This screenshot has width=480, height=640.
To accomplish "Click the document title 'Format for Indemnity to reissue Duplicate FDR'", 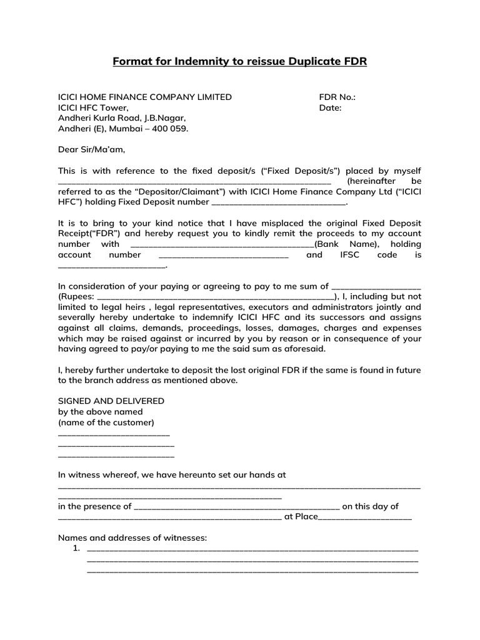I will pyautogui.click(x=239, y=61).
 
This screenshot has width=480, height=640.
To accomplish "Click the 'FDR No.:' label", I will pyautogui.click(x=337, y=97).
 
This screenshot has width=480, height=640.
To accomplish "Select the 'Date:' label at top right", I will pyautogui.click(x=330, y=107).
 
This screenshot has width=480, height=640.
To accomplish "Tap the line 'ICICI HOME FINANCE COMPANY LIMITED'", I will pyautogui.click(x=144, y=97).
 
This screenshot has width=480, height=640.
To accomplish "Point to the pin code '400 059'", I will pyautogui.click(x=172, y=128).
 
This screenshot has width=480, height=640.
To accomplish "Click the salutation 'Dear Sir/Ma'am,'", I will pyautogui.click(x=91, y=149).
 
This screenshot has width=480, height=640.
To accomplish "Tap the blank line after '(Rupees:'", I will pyautogui.click(x=216, y=297).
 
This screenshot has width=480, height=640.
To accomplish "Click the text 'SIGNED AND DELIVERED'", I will pyautogui.click(x=111, y=401).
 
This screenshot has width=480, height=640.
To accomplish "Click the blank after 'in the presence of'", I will pyautogui.click(x=237, y=507).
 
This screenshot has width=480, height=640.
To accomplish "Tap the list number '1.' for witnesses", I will pyautogui.click(x=76, y=549).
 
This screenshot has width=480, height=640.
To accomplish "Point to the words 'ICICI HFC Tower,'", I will pyautogui.click(x=93, y=107).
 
